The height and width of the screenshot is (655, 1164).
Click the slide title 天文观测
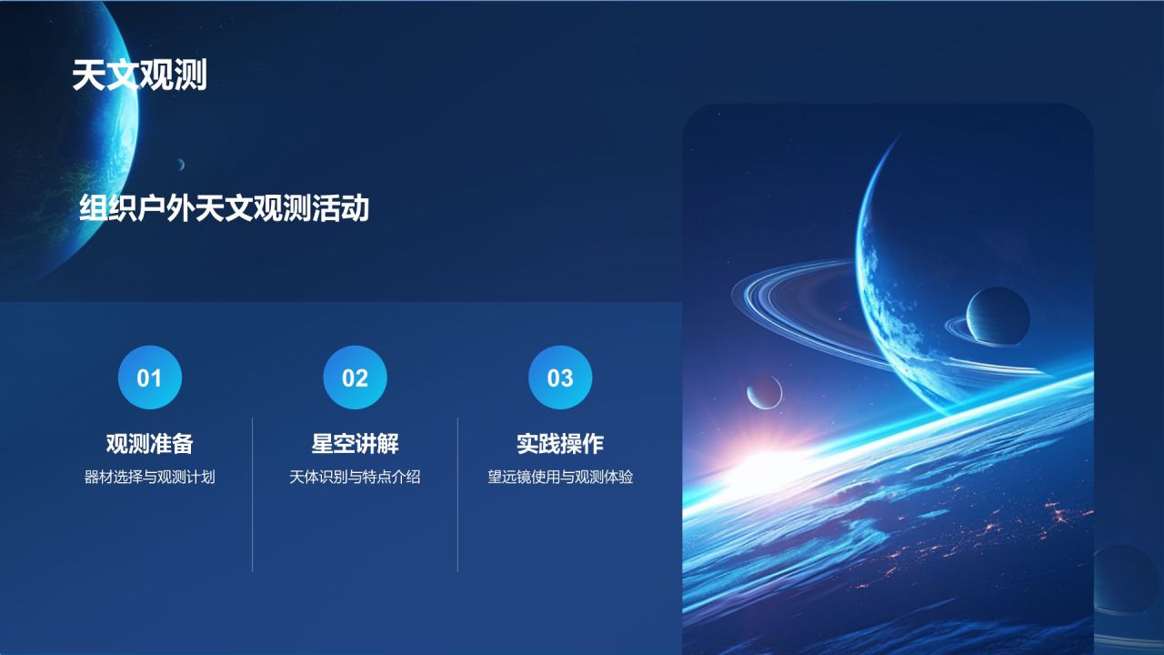tap(139, 76)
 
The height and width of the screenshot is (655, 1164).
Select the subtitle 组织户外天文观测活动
tap(224, 209)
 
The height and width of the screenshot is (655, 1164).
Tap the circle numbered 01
tap(150, 378)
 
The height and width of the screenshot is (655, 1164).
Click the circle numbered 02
tap(355, 378)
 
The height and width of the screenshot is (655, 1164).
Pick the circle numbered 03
tap(560, 378)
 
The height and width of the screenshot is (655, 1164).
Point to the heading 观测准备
tap(150, 444)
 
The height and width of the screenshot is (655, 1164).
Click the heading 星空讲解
tap(355, 444)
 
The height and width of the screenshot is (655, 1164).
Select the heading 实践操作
tap(560, 444)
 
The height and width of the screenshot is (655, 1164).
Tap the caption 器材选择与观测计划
tap(150, 477)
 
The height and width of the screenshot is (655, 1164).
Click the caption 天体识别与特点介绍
tap(355, 477)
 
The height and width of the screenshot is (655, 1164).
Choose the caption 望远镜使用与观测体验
tap(560, 477)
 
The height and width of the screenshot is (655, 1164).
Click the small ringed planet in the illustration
tap(998, 316)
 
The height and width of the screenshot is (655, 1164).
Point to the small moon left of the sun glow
tap(765, 392)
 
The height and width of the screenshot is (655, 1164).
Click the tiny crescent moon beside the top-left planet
tap(181, 165)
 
